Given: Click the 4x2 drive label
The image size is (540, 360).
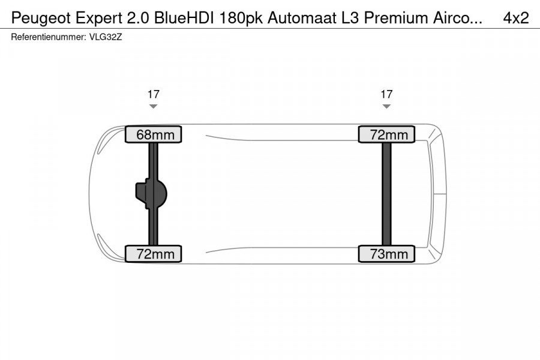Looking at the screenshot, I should [x=515, y=18].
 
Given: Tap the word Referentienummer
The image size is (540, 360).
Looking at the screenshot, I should [x=46, y=37].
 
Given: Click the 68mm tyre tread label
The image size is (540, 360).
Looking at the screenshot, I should [x=153, y=134].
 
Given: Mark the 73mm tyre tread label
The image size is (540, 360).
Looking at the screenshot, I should [x=386, y=254].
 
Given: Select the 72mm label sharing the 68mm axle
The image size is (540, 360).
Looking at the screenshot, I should [x=153, y=254].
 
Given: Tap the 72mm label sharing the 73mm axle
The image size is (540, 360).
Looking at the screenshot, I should [x=386, y=134].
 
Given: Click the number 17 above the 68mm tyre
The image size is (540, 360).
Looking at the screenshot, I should [x=153, y=94].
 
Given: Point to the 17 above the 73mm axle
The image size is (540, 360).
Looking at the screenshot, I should [x=386, y=94].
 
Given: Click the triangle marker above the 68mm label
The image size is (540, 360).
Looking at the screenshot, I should [x=153, y=106].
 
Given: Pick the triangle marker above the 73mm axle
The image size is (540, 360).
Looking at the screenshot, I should [x=386, y=106].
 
